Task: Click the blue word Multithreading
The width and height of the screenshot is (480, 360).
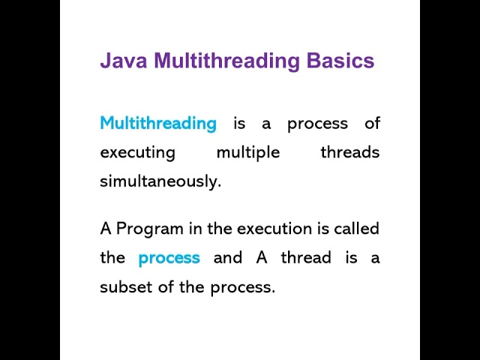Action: pos(158,123)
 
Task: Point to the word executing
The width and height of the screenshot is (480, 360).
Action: pos(137,152)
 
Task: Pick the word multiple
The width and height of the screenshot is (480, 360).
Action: pos(247,152)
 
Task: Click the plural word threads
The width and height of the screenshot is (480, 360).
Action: pos(349,152)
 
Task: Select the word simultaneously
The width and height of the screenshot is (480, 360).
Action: pos(160,181)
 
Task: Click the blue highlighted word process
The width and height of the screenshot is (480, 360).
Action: pos(169,258)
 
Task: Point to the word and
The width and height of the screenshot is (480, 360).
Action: pos(228,258)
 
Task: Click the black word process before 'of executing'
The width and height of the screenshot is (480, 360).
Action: pos(318,124)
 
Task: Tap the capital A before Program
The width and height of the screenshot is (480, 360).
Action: pos(105,228)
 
